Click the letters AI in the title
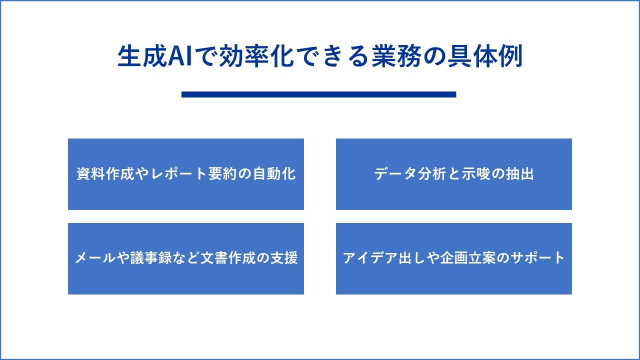[x=179, y=56]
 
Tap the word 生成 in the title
[x=142, y=56]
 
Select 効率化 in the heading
[x=256, y=56]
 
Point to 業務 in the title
[x=396, y=56]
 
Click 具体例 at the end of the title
[x=485, y=56]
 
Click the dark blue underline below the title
[x=319, y=94]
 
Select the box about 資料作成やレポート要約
[x=186, y=174]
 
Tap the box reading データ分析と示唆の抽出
[x=454, y=174]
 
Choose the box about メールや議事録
[x=186, y=259]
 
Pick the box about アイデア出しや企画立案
[x=454, y=259]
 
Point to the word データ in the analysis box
[x=395, y=173]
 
